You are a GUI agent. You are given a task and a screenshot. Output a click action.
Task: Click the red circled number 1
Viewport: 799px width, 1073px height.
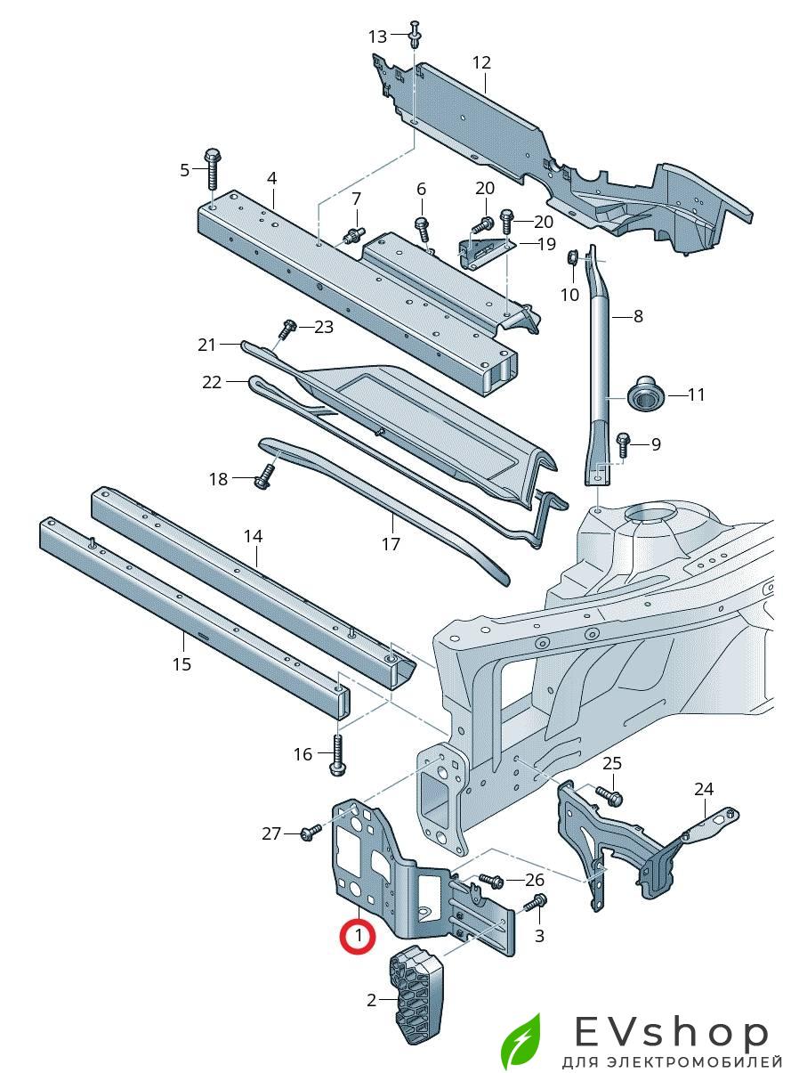click(358, 936)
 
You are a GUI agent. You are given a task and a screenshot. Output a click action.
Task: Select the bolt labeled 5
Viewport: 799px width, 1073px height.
click(212, 167)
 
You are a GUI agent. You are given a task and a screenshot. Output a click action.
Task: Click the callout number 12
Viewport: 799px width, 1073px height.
click(481, 62)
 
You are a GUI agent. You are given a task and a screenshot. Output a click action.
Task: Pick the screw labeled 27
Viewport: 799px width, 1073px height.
click(311, 833)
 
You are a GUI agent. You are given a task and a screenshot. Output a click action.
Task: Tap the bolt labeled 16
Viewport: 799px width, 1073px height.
click(338, 752)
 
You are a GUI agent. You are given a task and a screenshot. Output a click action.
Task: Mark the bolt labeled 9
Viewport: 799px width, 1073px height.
click(623, 442)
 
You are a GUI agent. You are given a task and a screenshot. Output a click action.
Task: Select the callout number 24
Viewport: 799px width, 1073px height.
click(704, 789)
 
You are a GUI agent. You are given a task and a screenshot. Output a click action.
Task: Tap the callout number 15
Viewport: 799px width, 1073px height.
click(182, 664)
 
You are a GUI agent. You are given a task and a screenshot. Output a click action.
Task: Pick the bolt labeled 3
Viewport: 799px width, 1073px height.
click(536, 905)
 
